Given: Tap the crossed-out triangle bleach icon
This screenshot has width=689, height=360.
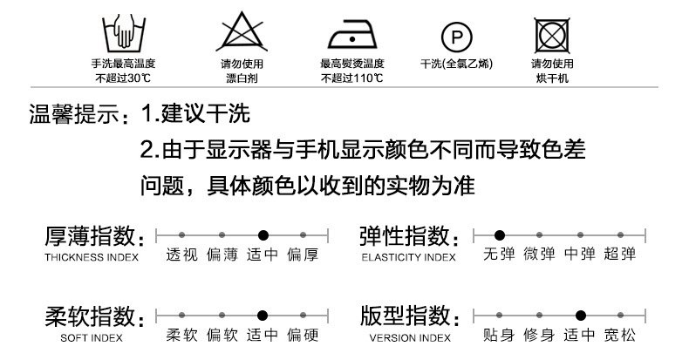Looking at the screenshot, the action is [x=239, y=34].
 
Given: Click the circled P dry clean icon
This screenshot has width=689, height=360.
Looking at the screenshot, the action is [x=455, y=36].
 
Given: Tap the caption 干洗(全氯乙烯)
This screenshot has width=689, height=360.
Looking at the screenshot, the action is [x=456, y=64].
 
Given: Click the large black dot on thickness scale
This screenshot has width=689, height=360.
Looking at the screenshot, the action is [x=263, y=234].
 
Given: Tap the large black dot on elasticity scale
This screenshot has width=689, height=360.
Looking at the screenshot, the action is [x=500, y=234].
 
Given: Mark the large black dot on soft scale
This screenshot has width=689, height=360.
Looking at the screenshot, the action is [x=263, y=316].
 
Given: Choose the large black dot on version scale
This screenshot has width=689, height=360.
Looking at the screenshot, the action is [x=580, y=316].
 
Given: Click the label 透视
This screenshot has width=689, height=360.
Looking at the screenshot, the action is [x=181, y=255].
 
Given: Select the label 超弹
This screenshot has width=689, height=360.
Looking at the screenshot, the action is [x=619, y=255].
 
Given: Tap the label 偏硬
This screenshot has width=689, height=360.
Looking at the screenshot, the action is [x=303, y=336].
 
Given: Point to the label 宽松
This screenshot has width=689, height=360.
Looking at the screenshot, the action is [x=619, y=336].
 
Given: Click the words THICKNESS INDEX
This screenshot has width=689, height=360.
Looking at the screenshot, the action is [x=92, y=257].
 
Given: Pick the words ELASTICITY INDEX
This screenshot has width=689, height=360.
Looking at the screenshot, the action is [x=408, y=257].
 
